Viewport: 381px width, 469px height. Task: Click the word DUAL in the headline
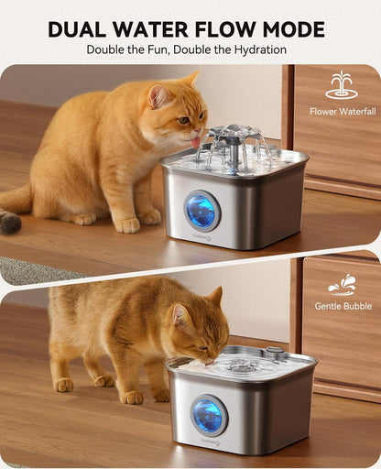click(x=77, y=29)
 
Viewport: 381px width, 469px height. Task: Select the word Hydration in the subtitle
click(x=260, y=49)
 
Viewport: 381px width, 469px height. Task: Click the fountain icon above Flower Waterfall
click(x=342, y=85)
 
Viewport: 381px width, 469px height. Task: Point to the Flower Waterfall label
click(x=343, y=112)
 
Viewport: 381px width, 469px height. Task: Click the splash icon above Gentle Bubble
click(x=342, y=285)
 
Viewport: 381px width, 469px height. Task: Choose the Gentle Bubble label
click(x=343, y=306)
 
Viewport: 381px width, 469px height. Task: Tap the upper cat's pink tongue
click(x=195, y=142)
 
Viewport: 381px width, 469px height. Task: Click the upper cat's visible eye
click(x=183, y=120)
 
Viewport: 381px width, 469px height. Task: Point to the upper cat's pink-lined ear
click(x=158, y=95)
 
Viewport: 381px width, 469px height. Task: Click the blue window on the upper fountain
click(x=202, y=211)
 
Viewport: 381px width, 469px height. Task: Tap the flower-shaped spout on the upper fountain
click(x=234, y=135)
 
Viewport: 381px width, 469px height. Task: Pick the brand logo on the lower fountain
click(x=211, y=441)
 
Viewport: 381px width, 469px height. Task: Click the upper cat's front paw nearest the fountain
click(x=127, y=225)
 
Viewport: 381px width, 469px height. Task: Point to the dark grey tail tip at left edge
click(x=10, y=222)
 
